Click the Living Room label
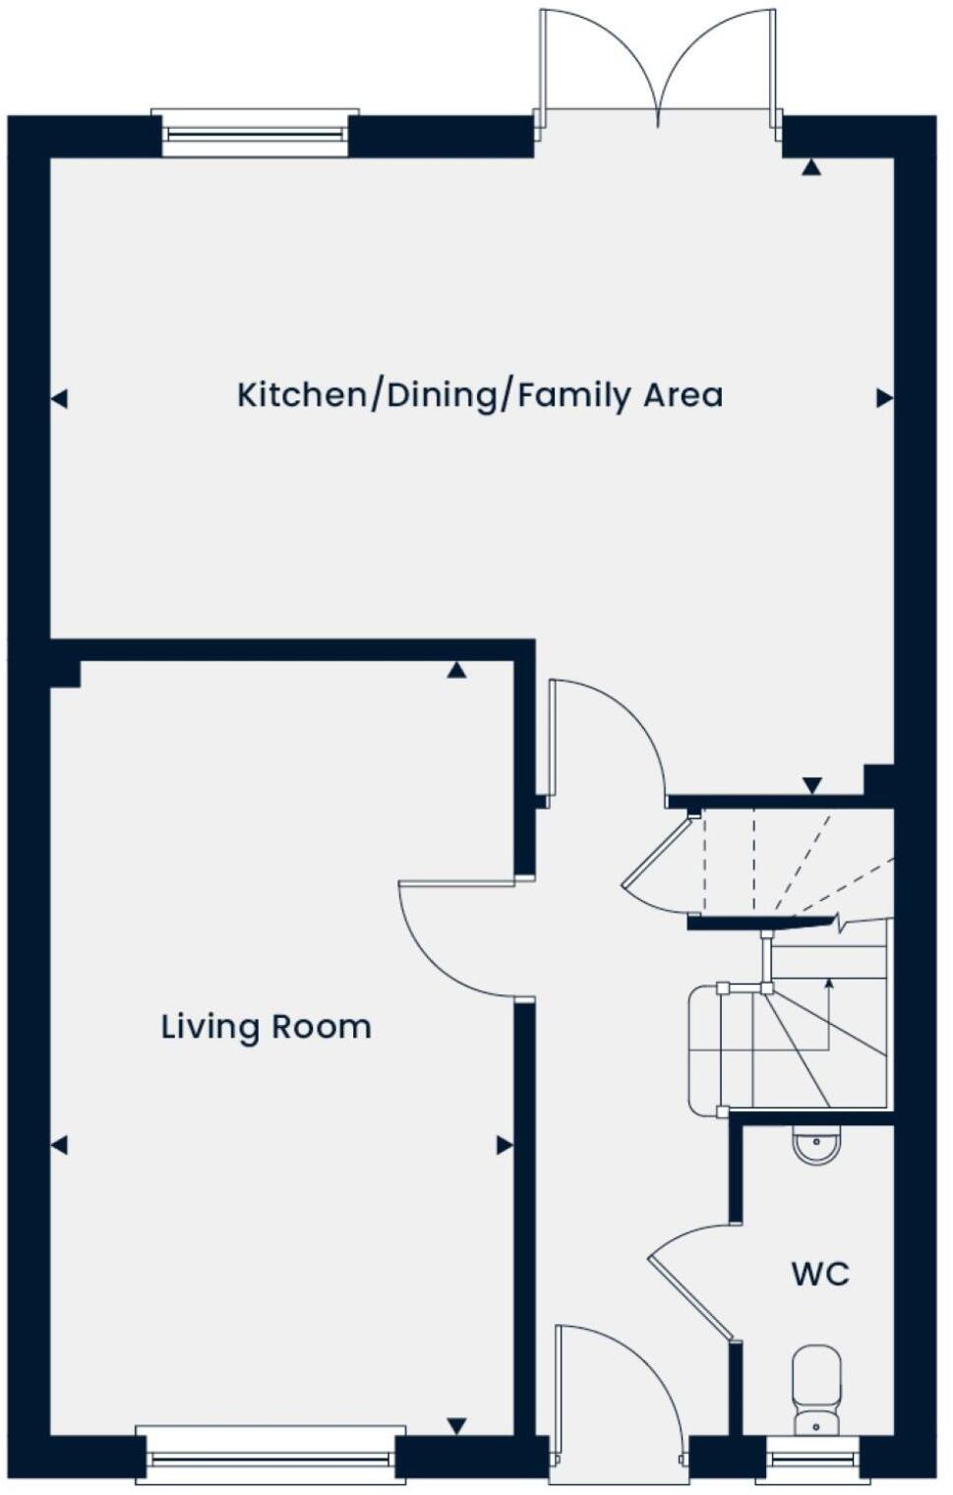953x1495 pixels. point(266,1027)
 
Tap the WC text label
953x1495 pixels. point(820,1274)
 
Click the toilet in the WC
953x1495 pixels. point(816,1389)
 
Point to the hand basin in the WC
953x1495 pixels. point(816,1146)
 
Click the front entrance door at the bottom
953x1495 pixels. point(618,1397)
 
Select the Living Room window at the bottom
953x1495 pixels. point(270,1454)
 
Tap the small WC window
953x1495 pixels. point(812,1459)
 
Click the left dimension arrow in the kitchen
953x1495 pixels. point(59,399)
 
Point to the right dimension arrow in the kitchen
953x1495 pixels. point(884,398)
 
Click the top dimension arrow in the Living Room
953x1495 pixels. point(455,671)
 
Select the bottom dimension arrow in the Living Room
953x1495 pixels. point(456,1425)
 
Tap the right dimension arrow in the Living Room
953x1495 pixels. point(505,1145)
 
